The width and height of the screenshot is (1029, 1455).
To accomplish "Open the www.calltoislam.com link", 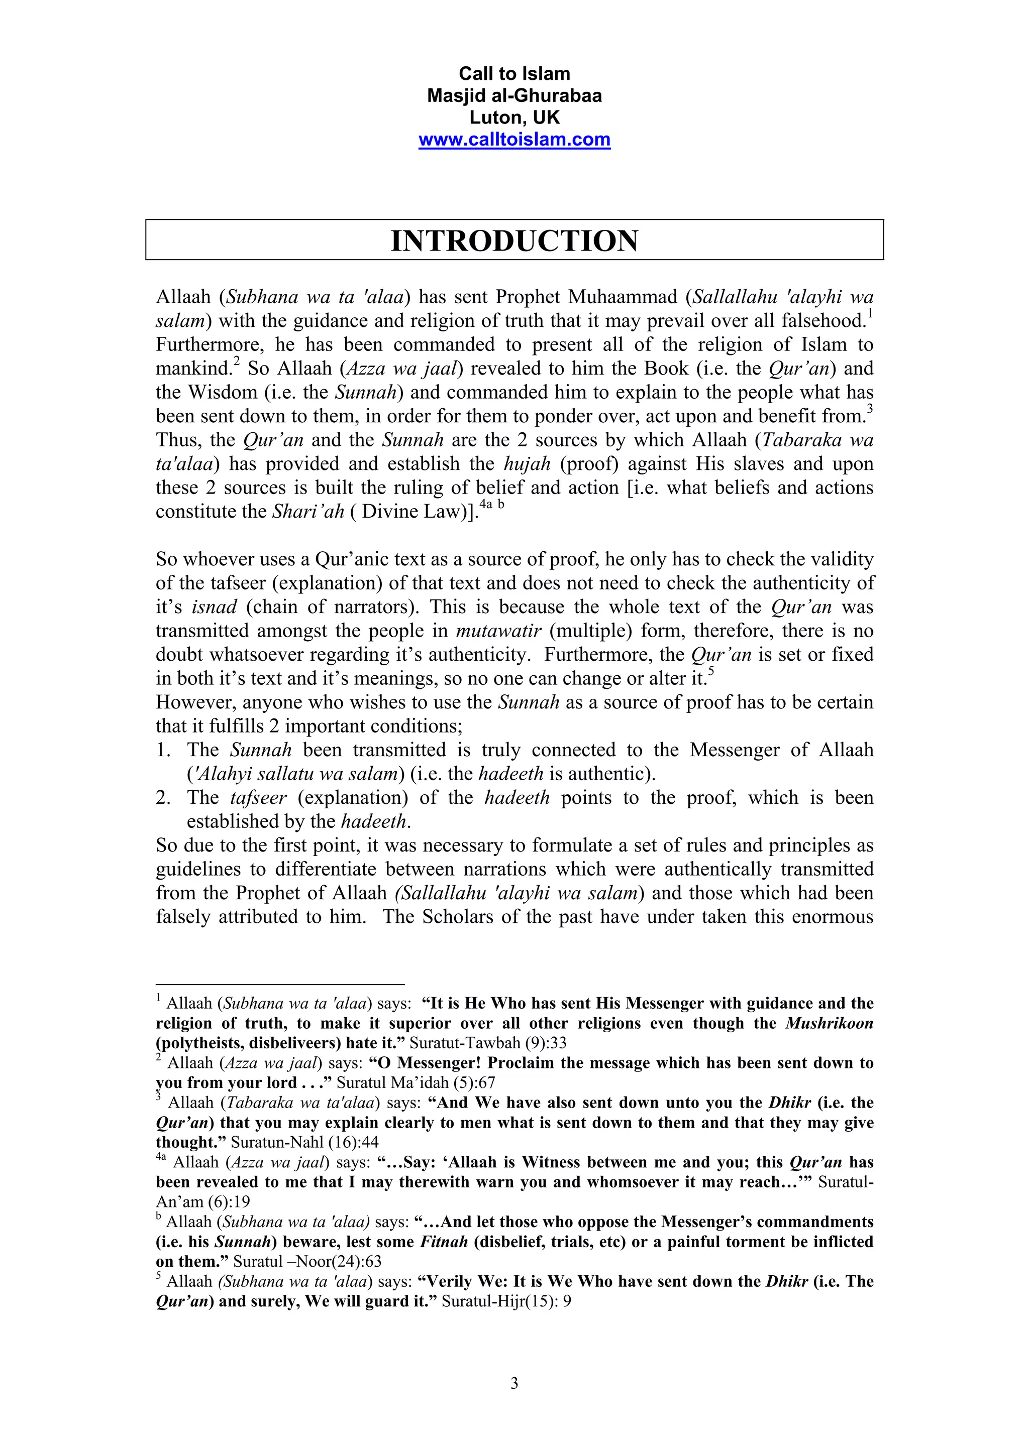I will (514, 140).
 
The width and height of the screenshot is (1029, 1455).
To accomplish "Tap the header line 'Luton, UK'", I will (514, 118).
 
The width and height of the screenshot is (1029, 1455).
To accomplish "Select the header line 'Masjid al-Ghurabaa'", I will (514, 96).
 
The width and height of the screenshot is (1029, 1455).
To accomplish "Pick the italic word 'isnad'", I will (215, 607).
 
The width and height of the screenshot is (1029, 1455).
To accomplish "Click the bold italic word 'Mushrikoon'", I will (830, 1023).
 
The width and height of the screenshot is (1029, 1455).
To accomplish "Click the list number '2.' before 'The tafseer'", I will (164, 797).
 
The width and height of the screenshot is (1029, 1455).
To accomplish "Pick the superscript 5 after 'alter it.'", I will (711, 672).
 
